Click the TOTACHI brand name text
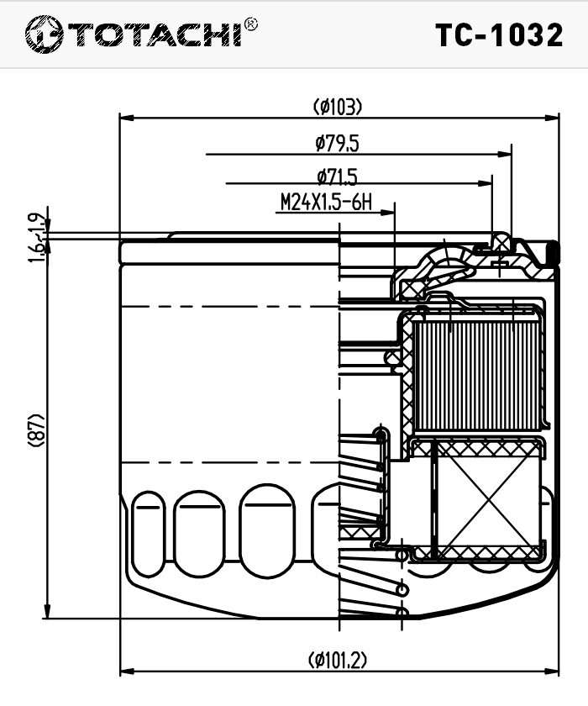click(x=156, y=34)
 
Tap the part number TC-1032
click(x=499, y=35)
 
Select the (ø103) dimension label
click(x=338, y=107)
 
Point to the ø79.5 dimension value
click(x=338, y=143)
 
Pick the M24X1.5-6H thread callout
click(x=325, y=203)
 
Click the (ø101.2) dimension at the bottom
click(x=338, y=660)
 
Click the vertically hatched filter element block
click(x=475, y=374)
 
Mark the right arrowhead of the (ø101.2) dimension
click(x=554, y=672)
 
